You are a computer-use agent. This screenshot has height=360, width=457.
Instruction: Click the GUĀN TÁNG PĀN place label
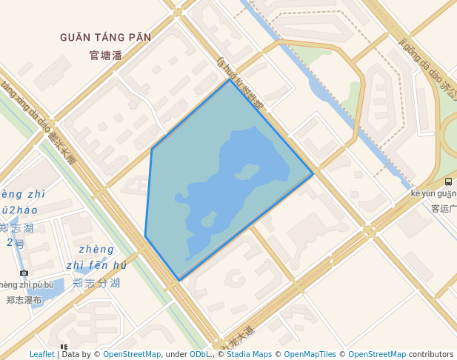(x=105, y=37)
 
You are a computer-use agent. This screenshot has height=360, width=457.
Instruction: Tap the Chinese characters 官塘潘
(x=105, y=55)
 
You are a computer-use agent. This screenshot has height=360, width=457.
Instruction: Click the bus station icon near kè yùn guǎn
(x=448, y=181)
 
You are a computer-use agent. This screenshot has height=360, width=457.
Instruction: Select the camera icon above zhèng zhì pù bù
(x=24, y=273)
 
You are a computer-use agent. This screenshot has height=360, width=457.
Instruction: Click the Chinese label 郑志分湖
(x=96, y=283)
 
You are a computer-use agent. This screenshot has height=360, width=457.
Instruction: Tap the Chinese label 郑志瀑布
(x=24, y=300)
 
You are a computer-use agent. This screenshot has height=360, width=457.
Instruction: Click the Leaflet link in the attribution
(x=42, y=354)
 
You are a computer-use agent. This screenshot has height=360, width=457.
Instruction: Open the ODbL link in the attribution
(x=199, y=354)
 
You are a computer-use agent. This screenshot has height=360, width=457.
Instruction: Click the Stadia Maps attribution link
(x=250, y=354)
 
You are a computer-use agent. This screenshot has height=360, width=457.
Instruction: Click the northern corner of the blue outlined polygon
(x=230, y=79)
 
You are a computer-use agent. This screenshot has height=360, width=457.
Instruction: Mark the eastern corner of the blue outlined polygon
(x=313, y=175)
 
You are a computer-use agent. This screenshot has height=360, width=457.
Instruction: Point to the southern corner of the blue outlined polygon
(x=179, y=281)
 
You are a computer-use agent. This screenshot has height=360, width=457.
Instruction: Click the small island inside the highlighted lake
(x=244, y=172)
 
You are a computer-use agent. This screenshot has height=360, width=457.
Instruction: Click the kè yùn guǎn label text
(x=433, y=194)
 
